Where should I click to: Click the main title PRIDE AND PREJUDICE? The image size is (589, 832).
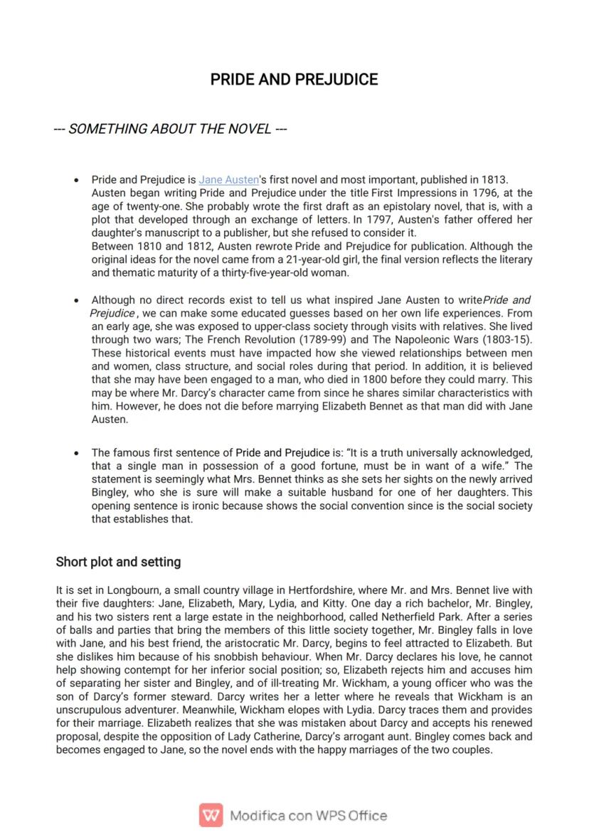294,80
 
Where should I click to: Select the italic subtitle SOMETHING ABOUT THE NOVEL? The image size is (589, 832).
170,129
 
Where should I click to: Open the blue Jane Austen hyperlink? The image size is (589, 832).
228,180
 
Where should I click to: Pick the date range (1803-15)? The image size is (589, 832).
504,340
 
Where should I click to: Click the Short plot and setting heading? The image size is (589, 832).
118,562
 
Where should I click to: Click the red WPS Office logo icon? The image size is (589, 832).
211,815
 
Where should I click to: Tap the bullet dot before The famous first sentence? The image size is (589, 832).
77,453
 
